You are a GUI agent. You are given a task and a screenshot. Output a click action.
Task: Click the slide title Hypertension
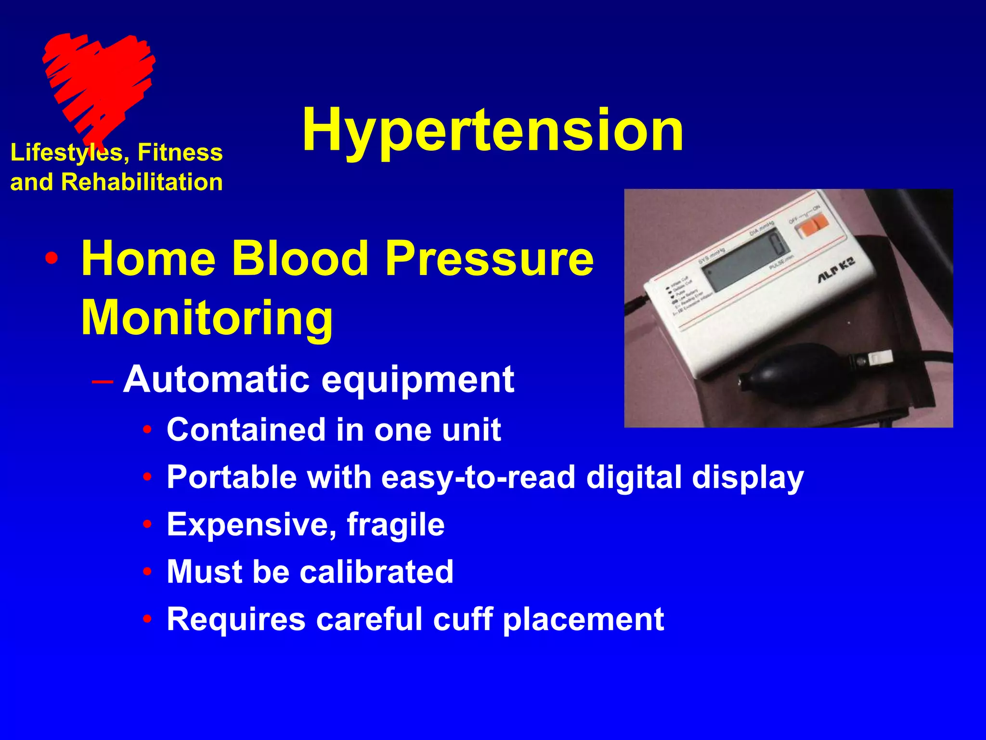(492, 130)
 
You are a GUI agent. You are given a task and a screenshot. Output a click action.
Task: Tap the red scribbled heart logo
(99, 82)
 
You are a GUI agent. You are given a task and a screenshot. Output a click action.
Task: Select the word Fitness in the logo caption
(180, 152)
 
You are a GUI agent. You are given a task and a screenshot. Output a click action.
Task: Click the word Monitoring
(207, 318)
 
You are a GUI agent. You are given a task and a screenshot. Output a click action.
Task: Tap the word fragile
(395, 524)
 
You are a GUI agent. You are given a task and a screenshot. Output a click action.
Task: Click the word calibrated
(376, 572)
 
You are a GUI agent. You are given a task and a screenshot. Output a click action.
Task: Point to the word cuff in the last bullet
(463, 619)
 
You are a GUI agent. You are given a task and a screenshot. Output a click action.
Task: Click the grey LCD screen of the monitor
(744, 263)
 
